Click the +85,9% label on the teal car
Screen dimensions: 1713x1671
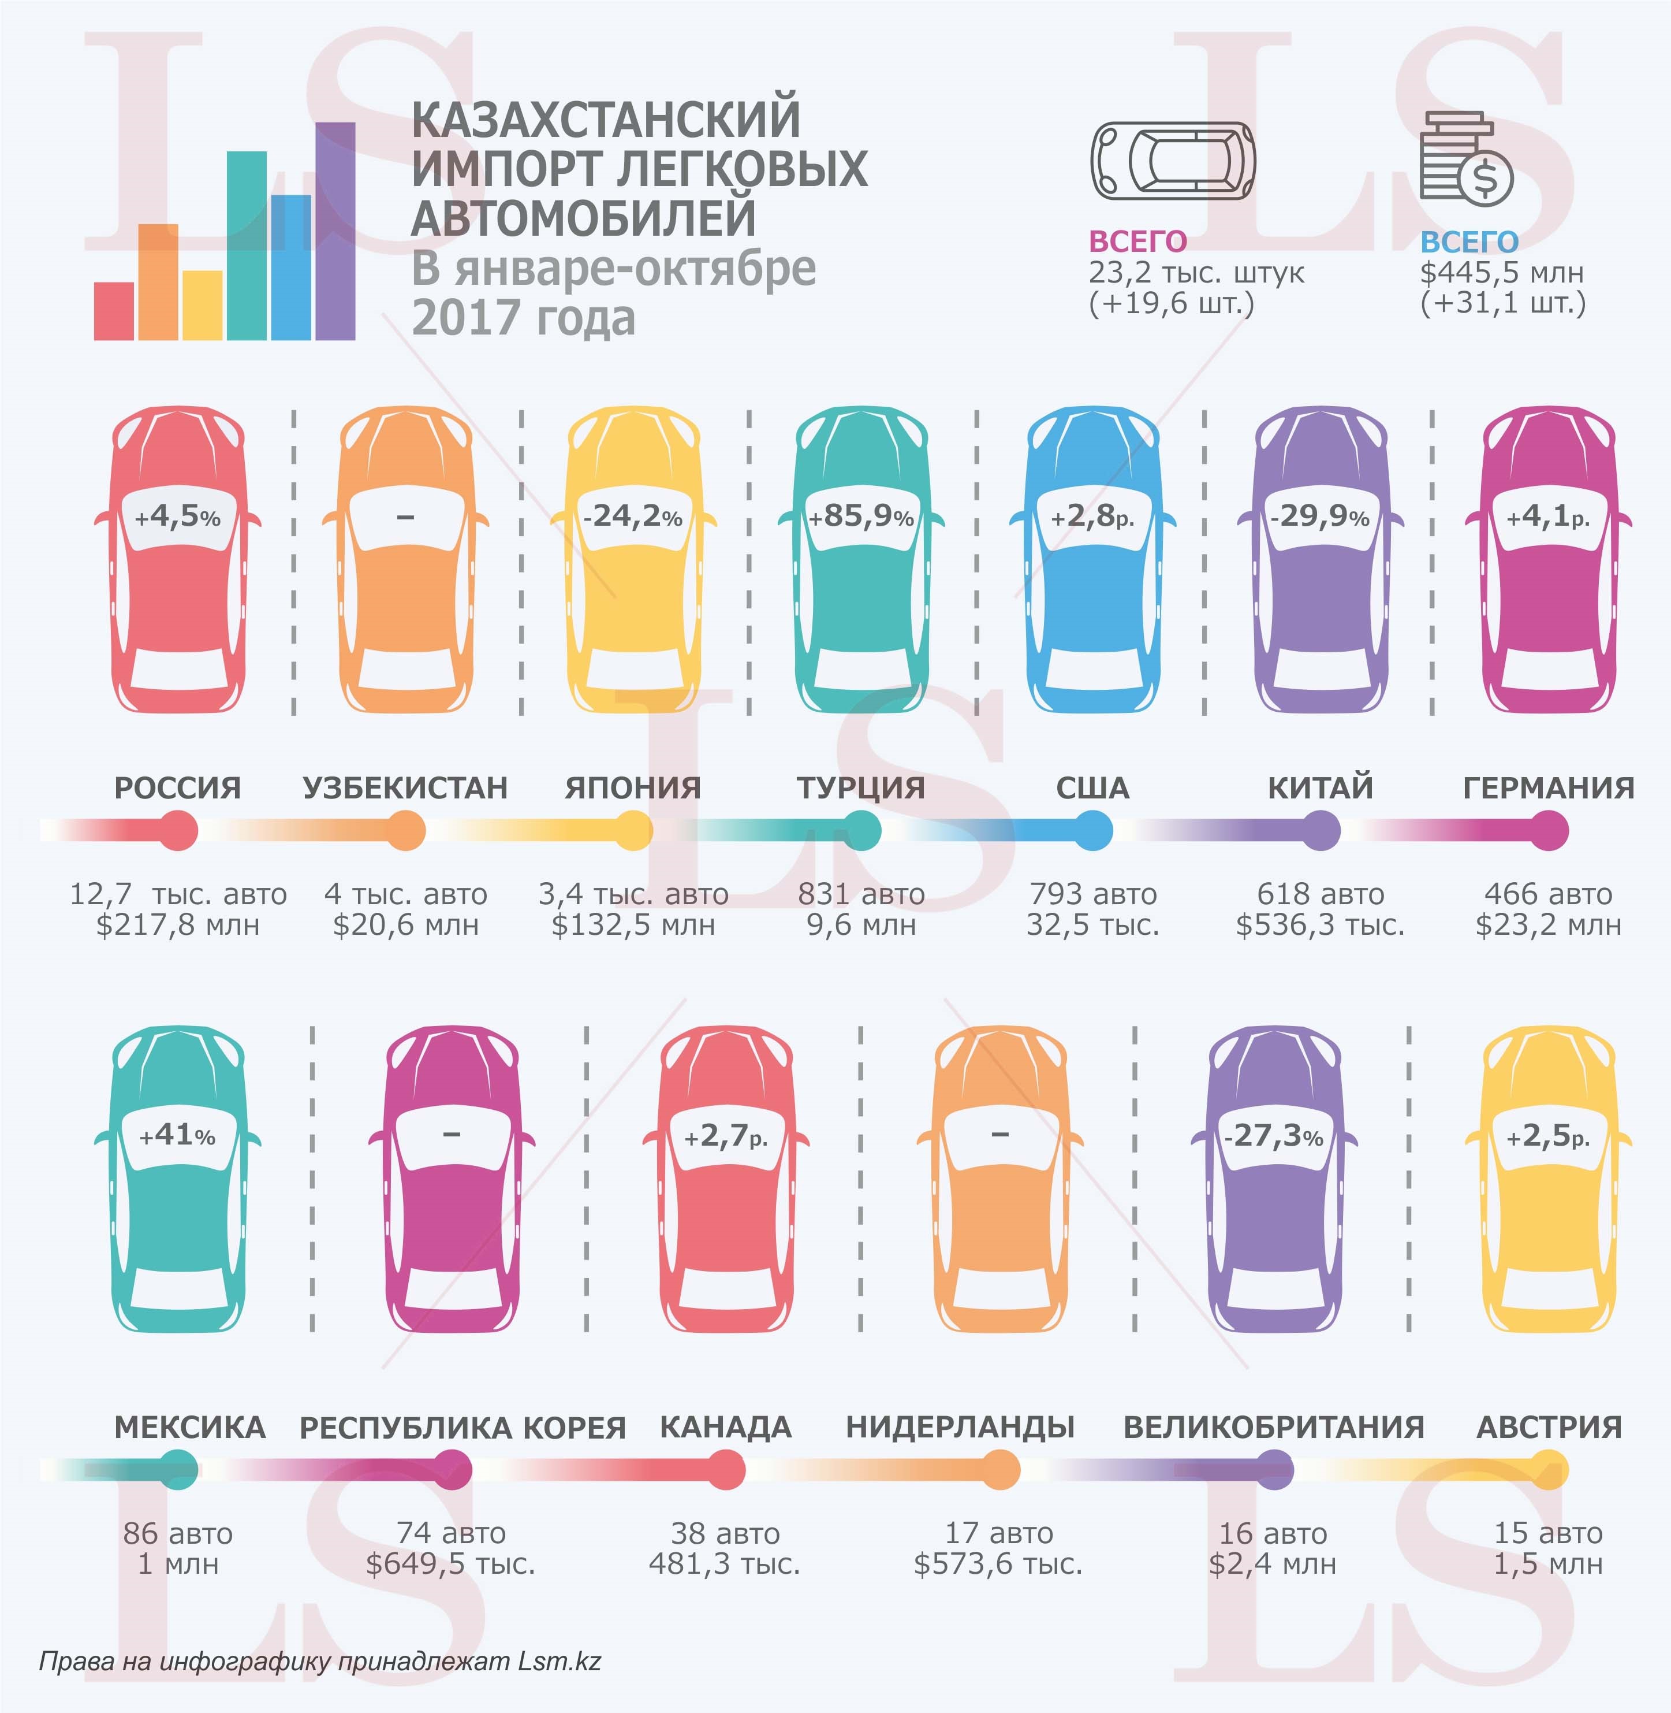tap(861, 516)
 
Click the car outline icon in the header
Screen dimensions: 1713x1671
tap(1173, 161)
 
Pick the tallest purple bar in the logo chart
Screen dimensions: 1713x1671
tap(335, 231)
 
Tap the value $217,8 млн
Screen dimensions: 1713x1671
tap(178, 924)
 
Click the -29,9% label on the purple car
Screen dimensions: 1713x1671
tap(1319, 516)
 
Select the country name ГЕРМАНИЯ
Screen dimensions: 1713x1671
tap(1548, 787)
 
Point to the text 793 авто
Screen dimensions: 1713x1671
tap(1092, 894)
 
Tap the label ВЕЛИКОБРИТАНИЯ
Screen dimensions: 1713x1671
tap(1273, 1427)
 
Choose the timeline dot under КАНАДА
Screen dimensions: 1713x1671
tap(726, 1469)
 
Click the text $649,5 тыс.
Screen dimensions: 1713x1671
tap(451, 1564)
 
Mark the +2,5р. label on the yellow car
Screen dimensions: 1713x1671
tap(1548, 1135)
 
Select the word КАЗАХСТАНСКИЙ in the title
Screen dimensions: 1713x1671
tap(606, 120)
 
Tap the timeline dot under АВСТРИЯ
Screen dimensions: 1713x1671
tap(1548, 1469)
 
